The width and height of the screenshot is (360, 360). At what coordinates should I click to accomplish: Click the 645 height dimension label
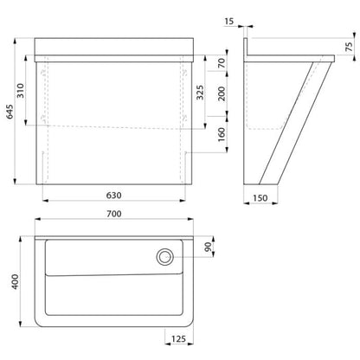10,112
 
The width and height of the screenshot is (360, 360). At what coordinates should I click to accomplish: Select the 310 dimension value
21,91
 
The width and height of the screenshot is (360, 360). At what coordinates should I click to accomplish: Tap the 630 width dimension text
113,196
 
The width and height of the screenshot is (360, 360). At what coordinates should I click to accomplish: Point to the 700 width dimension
114,214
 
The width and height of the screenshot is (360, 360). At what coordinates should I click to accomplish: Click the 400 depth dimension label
15,281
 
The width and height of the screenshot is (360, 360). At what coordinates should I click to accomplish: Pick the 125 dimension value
178,338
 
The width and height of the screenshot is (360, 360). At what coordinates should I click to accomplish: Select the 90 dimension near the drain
208,247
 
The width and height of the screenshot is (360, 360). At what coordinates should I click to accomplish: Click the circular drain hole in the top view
165,257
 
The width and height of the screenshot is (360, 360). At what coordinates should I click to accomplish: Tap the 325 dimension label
200,92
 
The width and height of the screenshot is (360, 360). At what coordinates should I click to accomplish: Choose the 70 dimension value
222,63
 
